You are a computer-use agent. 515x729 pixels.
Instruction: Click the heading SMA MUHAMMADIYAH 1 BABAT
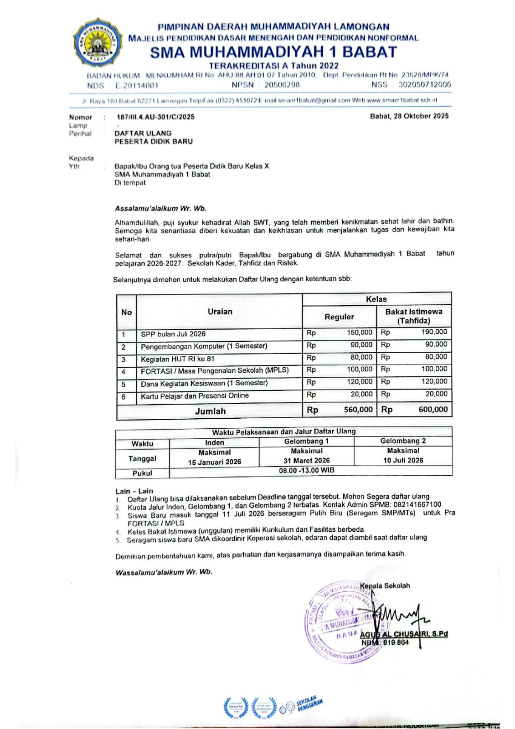pos(273,52)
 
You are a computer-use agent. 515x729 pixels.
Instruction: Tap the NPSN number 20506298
pos(282,85)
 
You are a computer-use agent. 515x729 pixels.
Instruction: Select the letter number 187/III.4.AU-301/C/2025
pos(155,117)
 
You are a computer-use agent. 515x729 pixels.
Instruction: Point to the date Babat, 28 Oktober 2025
pos(409,116)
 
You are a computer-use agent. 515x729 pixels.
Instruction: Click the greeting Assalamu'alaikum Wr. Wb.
pos(160,209)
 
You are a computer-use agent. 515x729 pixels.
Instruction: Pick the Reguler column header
pos(339,317)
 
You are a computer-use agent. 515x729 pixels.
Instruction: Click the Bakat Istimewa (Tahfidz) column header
pos(413,316)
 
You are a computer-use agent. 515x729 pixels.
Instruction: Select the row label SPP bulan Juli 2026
pos(173,334)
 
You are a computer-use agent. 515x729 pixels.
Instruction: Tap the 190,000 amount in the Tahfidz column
pos(434,332)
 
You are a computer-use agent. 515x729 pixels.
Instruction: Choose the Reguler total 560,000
pos(358,410)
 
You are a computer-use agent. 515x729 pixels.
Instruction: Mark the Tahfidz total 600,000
pos(433,410)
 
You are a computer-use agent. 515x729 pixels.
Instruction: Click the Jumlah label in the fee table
pos(210,411)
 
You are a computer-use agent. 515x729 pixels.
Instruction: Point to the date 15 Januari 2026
pos(214,462)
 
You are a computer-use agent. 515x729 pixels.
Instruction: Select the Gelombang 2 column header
pos(403,441)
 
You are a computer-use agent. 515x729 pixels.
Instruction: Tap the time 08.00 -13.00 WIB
pos(307,471)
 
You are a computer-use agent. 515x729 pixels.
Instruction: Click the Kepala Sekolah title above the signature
pos(385,585)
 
